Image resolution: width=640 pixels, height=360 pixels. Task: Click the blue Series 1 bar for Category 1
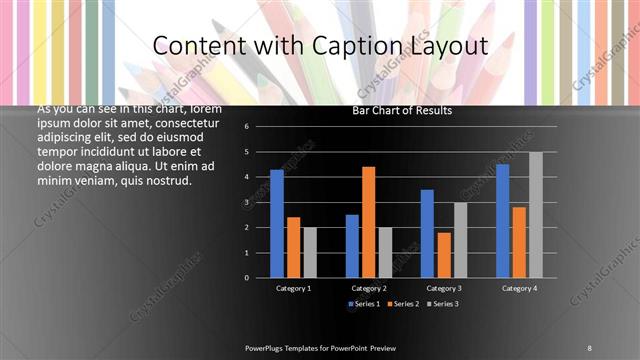(x=277, y=223)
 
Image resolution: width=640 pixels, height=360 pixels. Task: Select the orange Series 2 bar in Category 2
(x=369, y=221)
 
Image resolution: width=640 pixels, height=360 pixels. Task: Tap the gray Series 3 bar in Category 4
(x=536, y=214)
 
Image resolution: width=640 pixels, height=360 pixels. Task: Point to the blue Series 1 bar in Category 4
(x=503, y=220)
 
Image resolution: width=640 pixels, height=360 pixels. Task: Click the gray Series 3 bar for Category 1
(x=310, y=252)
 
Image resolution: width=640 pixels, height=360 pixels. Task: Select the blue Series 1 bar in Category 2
(x=352, y=245)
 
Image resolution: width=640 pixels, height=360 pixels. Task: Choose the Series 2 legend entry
(x=403, y=303)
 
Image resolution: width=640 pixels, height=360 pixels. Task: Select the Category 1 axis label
(x=293, y=288)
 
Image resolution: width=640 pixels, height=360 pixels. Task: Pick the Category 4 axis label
(x=519, y=288)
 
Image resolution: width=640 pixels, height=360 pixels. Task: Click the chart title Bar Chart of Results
(x=403, y=110)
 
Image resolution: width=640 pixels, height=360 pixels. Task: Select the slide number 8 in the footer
(x=590, y=347)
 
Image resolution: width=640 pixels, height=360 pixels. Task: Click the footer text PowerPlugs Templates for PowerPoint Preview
(x=320, y=347)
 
